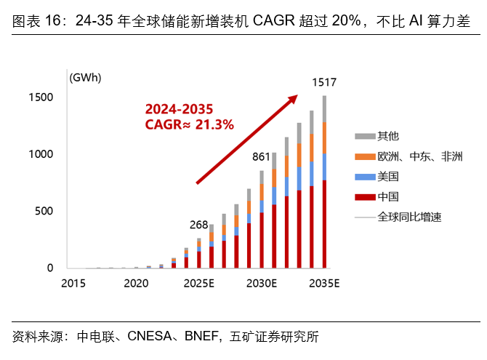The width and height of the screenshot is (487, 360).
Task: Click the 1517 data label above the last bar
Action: (x=324, y=83)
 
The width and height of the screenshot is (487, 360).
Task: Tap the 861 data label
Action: (x=261, y=156)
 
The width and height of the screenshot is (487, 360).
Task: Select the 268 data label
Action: (x=198, y=223)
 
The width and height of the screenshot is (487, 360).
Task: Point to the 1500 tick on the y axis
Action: (x=40, y=97)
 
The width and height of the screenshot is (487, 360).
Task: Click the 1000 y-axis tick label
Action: (x=40, y=154)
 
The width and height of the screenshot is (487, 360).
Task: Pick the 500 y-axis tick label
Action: (x=44, y=212)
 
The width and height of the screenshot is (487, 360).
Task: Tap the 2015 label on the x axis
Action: (x=73, y=282)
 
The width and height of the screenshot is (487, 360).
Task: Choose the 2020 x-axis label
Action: (x=136, y=282)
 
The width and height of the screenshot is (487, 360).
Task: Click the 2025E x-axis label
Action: (x=198, y=282)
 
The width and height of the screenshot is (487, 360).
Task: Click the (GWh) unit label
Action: (x=85, y=77)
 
